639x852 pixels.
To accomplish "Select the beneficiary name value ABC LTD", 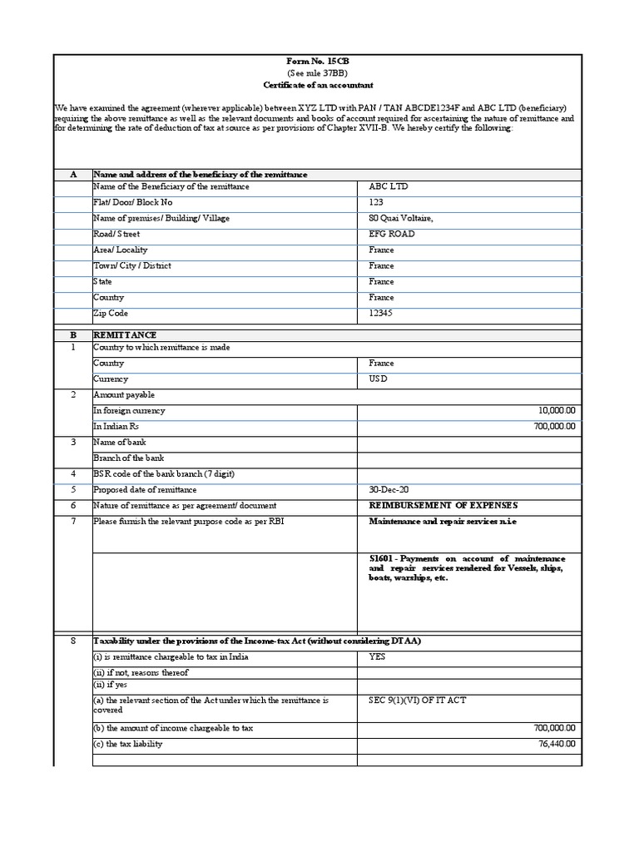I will point(389,186).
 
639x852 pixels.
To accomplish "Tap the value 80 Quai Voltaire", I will point(401,218).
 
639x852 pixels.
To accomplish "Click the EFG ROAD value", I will point(391,234).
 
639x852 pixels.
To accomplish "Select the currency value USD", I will point(379,379).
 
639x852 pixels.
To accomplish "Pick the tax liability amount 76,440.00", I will point(557,744).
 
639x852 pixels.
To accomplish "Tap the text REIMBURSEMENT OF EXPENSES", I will point(443,505).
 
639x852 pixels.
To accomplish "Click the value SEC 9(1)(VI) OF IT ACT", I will point(418,700).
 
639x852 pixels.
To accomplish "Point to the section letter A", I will point(73,174).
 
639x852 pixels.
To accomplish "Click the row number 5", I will point(73,489).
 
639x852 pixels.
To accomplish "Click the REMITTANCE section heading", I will point(125,334).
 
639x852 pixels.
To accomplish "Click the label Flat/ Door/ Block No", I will point(136,202).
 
